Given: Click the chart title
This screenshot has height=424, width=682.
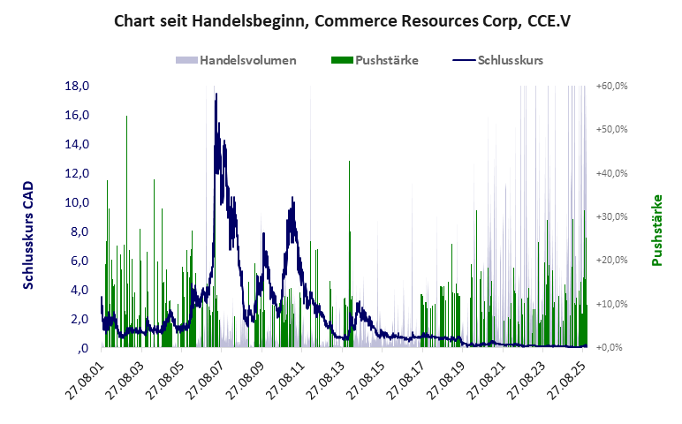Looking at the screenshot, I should point(342,19).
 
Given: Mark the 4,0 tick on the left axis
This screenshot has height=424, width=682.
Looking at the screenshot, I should point(80,290).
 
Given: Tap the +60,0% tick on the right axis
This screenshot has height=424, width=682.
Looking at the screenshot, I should point(611,86).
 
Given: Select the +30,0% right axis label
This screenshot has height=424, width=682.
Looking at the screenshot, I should point(611,216).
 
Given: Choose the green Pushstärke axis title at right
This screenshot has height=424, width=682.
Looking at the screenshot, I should point(657,231).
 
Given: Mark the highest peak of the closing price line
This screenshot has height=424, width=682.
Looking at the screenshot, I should point(216,94).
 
